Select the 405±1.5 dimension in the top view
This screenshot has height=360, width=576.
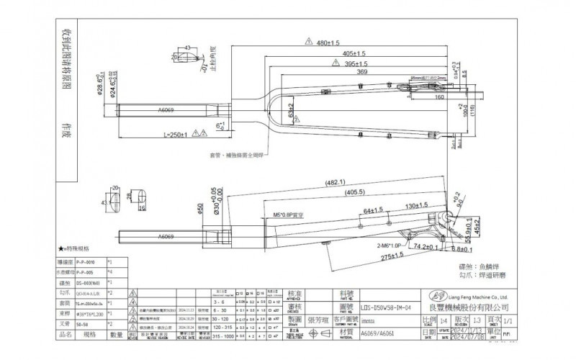(349, 53)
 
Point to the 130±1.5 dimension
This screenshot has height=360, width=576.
(414, 207)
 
